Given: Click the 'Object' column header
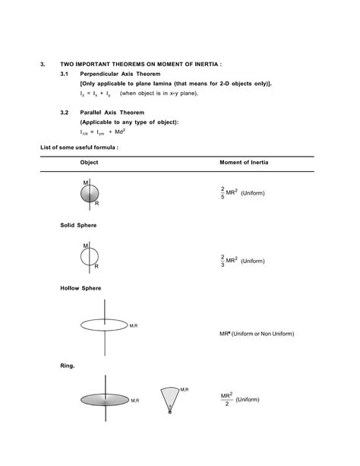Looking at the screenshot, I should [89, 163].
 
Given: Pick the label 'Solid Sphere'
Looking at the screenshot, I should [78, 226].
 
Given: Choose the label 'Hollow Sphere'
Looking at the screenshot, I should [81, 289].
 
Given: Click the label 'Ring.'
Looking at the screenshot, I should [68, 366].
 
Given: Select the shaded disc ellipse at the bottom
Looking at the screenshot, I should [104, 399].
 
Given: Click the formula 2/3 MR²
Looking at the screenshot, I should [228, 260].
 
